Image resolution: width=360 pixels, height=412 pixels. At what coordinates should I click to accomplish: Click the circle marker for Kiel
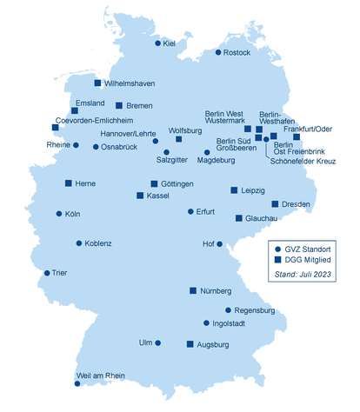[157, 43]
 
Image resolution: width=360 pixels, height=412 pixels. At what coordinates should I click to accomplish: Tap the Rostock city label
[237, 52]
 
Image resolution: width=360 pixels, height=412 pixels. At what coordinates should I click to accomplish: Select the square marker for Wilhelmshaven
[97, 83]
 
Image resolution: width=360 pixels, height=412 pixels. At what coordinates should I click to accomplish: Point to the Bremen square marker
[120, 106]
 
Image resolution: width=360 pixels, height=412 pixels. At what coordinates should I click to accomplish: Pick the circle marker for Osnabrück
[96, 147]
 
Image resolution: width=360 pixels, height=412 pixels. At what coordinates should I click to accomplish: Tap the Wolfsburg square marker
[178, 139]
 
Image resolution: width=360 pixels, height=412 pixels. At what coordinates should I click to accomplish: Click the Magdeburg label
[217, 161]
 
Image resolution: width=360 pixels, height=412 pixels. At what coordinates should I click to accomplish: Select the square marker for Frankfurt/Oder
[297, 136]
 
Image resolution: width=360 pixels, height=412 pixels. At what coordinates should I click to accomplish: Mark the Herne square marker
[69, 183]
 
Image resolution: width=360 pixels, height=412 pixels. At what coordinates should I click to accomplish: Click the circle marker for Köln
[59, 213]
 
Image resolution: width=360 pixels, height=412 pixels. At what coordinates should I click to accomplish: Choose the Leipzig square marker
[233, 189]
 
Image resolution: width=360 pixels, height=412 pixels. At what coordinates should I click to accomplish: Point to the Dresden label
[296, 204]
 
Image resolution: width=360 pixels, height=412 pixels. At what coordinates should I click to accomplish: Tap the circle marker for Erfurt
[190, 211]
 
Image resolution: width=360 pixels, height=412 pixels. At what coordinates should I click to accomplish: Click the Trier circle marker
[47, 273]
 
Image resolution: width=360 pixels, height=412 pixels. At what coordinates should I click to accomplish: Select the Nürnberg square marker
[193, 290]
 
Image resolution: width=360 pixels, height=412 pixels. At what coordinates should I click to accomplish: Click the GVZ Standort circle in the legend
[277, 248]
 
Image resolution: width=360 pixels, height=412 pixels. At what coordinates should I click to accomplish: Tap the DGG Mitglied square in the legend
[277, 260]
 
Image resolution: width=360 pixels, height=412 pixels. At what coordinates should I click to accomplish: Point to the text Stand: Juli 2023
[303, 274]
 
